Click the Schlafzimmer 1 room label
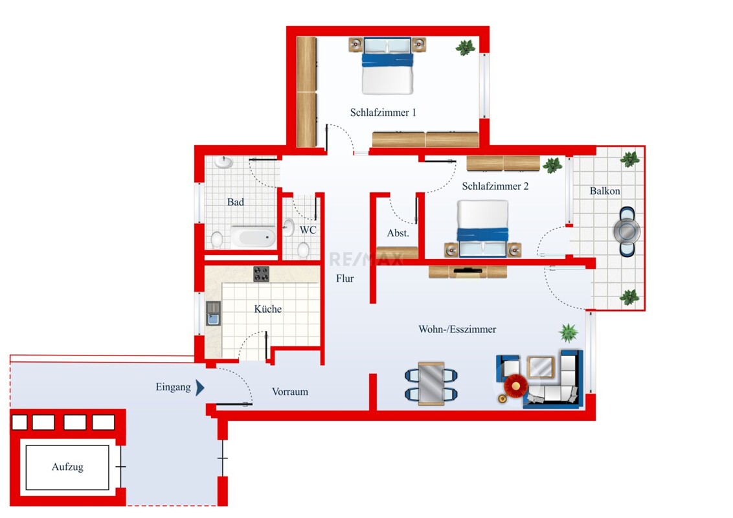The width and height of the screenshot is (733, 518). (383, 113)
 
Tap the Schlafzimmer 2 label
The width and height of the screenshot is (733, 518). (495, 186)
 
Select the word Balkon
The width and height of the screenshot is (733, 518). (605, 191)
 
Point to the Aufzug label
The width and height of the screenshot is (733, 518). (67, 467)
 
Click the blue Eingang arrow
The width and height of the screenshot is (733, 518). (200, 387)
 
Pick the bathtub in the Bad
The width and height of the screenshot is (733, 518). (253, 236)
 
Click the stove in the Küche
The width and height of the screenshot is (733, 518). (262, 274)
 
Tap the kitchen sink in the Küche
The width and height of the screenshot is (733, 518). (213, 313)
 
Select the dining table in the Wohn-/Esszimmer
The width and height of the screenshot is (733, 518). (431, 383)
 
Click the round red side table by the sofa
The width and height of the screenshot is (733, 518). (515, 386)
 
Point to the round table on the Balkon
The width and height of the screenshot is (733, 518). (627, 231)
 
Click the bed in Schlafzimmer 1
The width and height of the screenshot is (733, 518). (387, 66)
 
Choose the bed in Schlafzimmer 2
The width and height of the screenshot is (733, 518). (483, 229)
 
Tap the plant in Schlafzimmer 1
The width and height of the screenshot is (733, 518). (466, 48)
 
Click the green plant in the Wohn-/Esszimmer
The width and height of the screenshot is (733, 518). (569, 332)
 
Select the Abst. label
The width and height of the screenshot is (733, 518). (398, 233)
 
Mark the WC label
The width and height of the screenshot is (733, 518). (308, 230)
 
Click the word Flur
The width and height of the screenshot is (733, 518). (345, 278)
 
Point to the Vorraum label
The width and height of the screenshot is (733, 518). (290, 392)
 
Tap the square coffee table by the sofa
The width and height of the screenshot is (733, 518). (541, 367)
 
